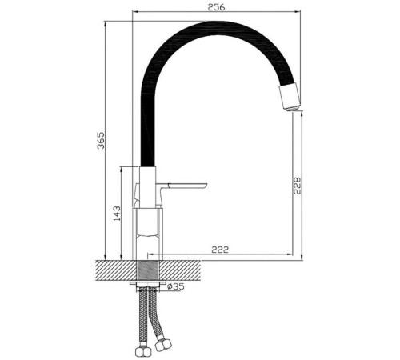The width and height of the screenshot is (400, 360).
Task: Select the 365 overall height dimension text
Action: click(x=99, y=144)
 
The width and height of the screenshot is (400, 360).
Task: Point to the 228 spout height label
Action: click(x=297, y=186)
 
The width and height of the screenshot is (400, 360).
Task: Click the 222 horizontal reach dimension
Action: click(x=220, y=250)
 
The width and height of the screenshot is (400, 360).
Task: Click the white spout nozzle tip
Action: click(x=289, y=96)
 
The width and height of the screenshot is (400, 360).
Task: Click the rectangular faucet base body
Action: click(x=149, y=232)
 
